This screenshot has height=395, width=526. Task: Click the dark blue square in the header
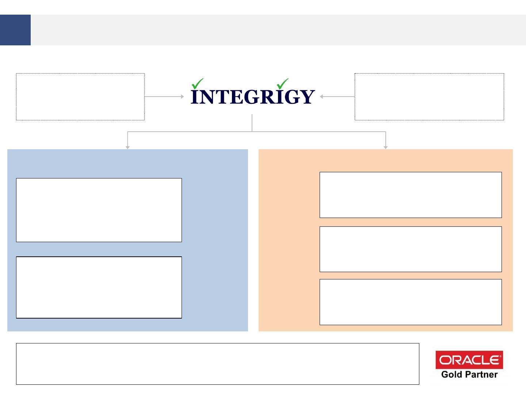coord(15,30)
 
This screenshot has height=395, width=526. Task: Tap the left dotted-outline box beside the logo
coord(80,97)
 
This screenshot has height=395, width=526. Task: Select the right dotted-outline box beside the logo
coord(429,97)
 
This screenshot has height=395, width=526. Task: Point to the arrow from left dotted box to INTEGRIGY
coord(164,97)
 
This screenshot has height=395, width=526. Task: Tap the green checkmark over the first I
coord(198,83)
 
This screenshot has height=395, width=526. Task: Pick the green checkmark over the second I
coord(282,83)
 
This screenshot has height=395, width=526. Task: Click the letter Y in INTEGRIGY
coord(306,97)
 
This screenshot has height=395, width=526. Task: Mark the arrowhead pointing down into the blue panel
coord(127,147)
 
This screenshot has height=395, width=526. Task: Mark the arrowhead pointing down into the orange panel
coord(385,147)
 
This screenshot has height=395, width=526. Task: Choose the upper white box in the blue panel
coord(99,210)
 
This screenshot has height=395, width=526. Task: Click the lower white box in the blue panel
coord(99,287)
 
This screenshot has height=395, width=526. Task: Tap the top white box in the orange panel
coord(411,195)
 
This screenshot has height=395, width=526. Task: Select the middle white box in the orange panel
coord(411,249)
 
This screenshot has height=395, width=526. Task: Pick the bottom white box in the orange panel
coord(411,302)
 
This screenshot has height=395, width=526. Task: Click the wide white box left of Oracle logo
coord(217,364)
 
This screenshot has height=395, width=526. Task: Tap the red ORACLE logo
coord(469,360)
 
